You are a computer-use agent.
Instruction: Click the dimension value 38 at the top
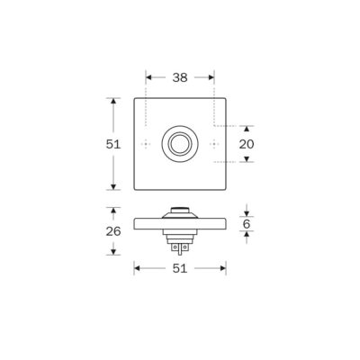pos(180,77)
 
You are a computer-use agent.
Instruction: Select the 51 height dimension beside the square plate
pos(113,144)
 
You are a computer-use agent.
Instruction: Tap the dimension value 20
pos(247,144)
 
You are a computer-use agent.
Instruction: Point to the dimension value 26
pos(113,231)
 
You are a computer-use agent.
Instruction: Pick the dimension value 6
pos(247,224)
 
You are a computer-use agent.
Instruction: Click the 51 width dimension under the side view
pos(180,268)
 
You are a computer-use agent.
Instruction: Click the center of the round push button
pos(180,144)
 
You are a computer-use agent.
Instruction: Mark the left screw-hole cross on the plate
pos(146,144)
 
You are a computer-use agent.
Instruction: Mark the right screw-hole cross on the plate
pos(214,144)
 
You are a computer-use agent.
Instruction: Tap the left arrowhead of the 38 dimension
pos(148,77)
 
